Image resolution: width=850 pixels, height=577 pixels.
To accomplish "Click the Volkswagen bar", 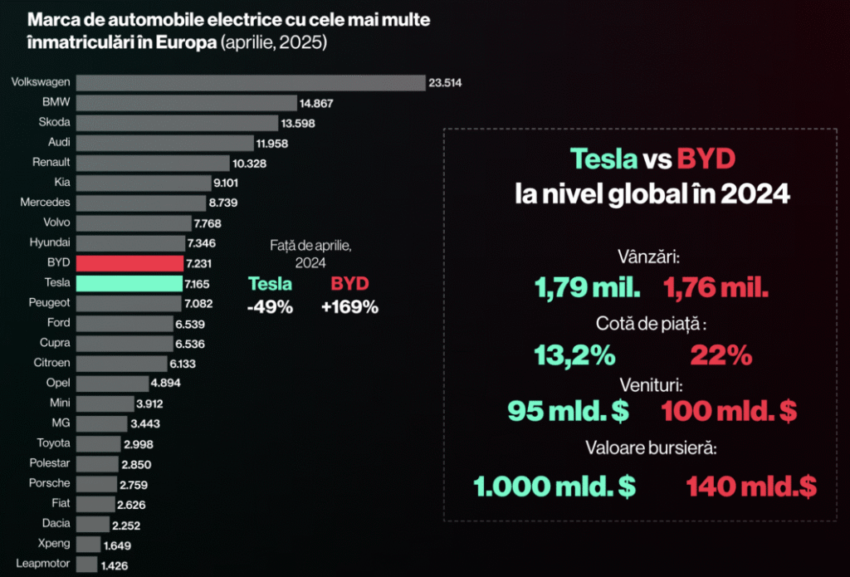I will (x=250, y=82).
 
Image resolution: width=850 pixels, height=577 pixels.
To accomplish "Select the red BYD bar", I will (x=129, y=263).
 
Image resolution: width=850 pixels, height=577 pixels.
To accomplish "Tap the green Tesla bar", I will (x=129, y=283).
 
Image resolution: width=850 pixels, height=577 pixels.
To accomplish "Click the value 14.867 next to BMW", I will (x=319, y=103).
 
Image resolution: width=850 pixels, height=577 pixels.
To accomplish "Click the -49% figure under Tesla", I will (x=270, y=306).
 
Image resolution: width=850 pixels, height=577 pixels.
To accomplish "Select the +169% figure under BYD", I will (x=349, y=306).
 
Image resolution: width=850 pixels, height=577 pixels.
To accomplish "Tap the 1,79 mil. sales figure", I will (x=587, y=288).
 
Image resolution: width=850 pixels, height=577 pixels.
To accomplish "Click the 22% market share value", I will (x=721, y=356).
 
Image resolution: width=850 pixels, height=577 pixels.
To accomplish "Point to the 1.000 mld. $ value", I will (x=555, y=487).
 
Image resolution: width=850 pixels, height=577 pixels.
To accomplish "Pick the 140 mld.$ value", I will (x=751, y=487).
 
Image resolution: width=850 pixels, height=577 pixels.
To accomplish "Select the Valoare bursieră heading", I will (x=649, y=448).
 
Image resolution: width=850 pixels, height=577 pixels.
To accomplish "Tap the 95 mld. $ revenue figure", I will (x=568, y=410).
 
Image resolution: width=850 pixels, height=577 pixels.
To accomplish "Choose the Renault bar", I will (x=152, y=163).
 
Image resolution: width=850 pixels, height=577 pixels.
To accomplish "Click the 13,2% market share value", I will (x=574, y=356).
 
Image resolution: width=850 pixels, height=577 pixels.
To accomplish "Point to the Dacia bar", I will (x=92, y=524).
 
